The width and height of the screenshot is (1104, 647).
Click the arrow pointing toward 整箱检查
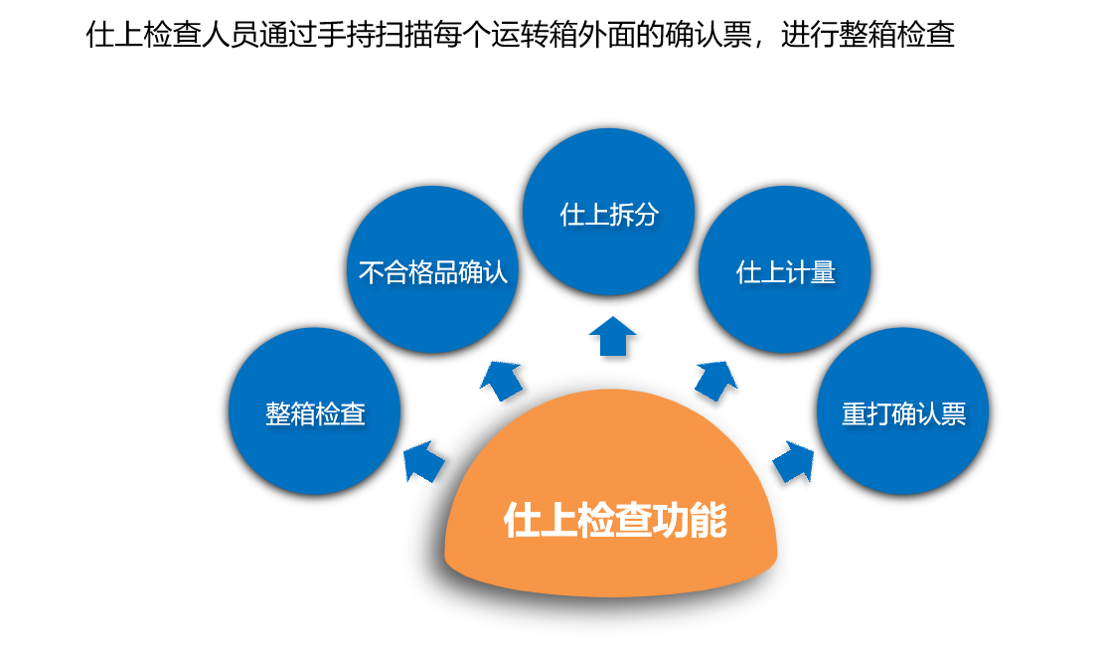click(x=423, y=461)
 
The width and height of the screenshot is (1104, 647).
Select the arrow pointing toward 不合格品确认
click(x=502, y=379)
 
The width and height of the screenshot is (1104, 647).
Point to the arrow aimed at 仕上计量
click(x=714, y=379)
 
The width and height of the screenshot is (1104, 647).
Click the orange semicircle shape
click(x=611, y=557)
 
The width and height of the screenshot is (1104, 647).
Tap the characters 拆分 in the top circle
click(x=634, y=214)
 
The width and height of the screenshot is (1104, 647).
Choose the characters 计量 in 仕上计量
click(x=810, y=272)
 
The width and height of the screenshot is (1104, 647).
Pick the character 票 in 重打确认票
click(x=953, y=413)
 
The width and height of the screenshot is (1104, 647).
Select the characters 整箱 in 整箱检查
click(x=290, y=413)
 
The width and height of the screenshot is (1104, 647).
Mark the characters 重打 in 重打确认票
click(x=866, y=413)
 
